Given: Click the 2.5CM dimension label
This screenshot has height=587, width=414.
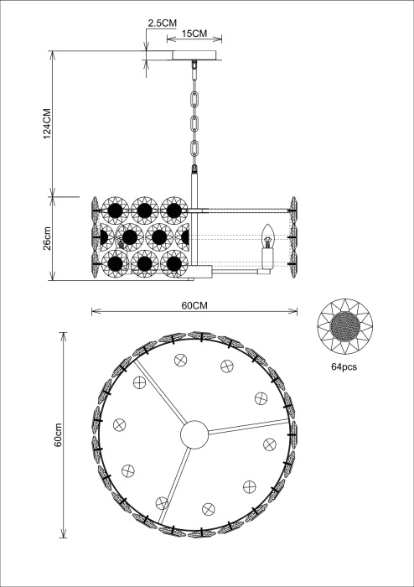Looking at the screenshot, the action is [162, 23].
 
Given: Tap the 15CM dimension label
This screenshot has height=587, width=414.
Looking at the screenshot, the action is [194, 34].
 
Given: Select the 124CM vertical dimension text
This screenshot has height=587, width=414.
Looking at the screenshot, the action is [47, 123].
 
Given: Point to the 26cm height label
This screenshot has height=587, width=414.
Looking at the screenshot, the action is [47, 238].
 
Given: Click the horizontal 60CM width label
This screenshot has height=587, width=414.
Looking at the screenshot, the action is [194, 305].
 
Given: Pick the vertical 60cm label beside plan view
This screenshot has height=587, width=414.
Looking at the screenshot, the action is [58, 434].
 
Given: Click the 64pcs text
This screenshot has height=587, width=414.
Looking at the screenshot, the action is [344, 367].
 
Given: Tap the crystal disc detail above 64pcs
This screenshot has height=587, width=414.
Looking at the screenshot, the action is [344, 326].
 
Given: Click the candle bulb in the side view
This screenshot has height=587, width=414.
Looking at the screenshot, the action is [268, 236].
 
